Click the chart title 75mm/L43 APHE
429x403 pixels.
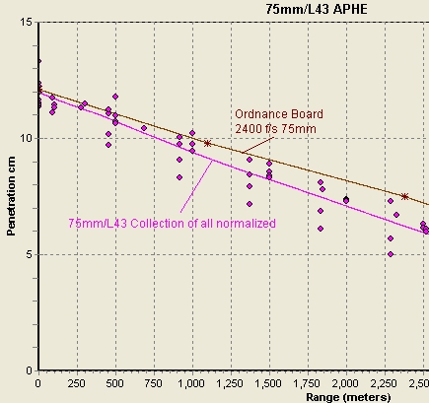click(312, 8)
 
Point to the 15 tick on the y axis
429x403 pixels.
click(27, 22)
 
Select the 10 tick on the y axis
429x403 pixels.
click(27, 138)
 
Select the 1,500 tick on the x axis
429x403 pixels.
click(268, 380)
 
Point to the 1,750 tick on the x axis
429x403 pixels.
click(307, 380)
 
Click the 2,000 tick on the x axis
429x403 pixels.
click(345, 380)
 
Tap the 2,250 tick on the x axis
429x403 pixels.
click(384, 380)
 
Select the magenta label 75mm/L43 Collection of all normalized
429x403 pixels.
click(172, 224)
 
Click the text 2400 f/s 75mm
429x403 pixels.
click(275, 128)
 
